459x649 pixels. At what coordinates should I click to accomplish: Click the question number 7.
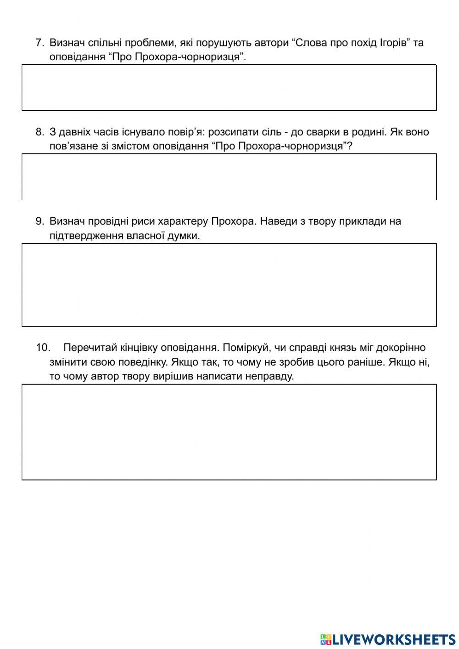point(39,43)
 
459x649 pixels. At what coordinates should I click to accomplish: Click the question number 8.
point(39,132)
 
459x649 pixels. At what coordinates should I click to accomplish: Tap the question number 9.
point(39,221)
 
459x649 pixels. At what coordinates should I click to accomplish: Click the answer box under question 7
point(229,88)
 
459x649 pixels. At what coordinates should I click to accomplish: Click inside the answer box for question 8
point(229,177)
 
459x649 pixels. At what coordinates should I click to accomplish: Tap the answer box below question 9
point(229,285)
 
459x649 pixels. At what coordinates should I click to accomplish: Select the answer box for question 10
point(229,432)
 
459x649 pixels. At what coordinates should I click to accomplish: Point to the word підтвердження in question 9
point(86,236)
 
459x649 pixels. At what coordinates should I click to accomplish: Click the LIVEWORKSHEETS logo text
point(394,639)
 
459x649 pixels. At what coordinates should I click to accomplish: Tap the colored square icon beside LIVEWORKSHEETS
point(325,639)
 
